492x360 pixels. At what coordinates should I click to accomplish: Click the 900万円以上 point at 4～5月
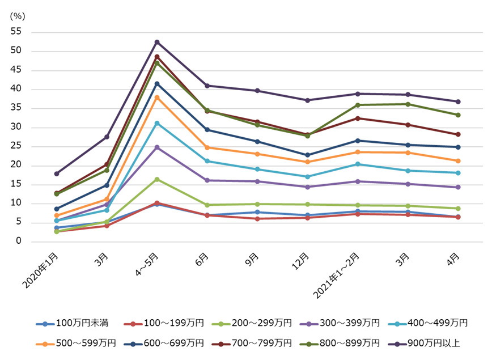click(157, 42)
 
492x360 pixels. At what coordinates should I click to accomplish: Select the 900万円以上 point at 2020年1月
click(57, 173)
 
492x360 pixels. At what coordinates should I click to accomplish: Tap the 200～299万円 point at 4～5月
click(157, 179)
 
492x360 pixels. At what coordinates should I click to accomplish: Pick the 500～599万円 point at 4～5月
click(157, 98)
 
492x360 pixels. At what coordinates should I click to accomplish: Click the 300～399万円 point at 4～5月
click(157, 147)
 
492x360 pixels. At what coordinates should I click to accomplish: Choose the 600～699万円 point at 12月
click(307, 155)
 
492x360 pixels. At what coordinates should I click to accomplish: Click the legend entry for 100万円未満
click(72, 323)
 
